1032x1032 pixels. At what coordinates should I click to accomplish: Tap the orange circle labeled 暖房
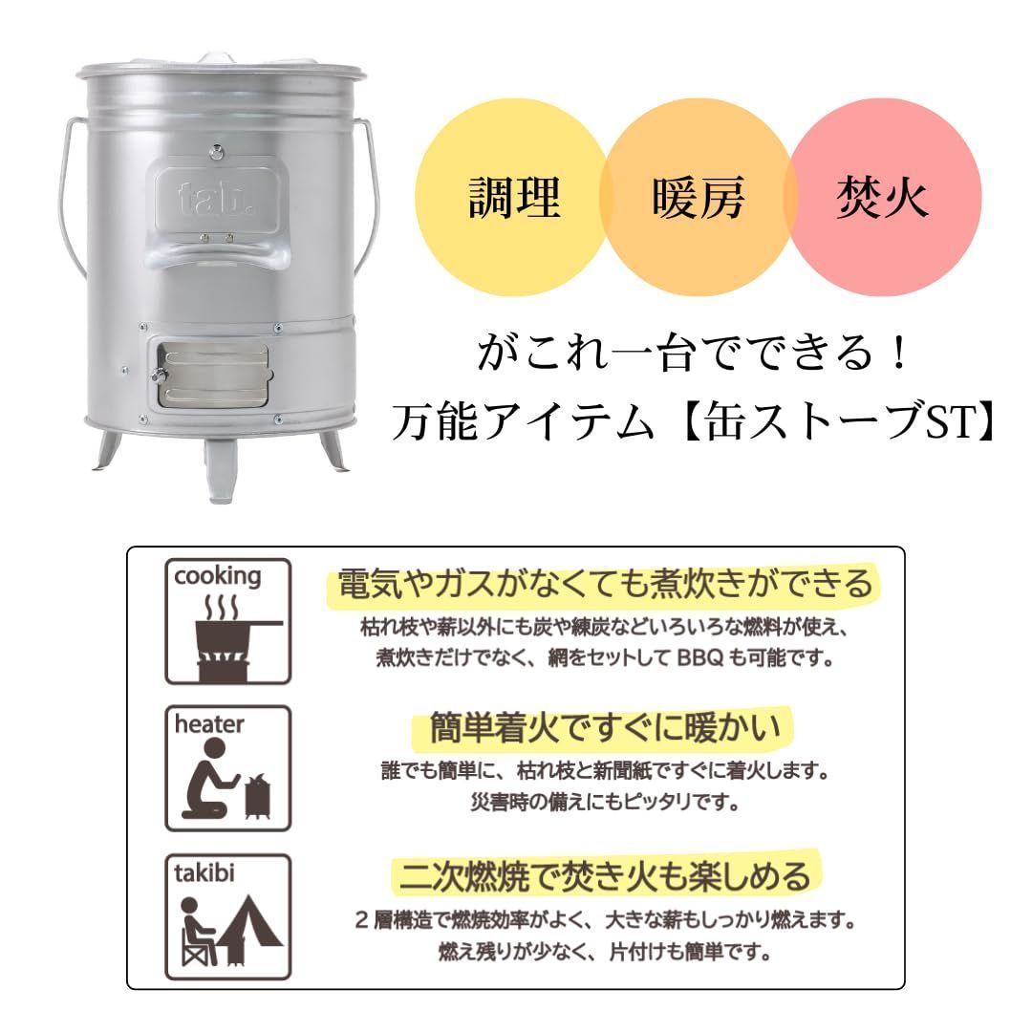click(x=698, y=197)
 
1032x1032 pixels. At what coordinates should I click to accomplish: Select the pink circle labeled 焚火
click(x=883, y=197)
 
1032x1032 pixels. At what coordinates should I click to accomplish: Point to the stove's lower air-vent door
click(x=212, y=374)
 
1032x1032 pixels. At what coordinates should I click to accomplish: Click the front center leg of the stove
click(x=223, y=468)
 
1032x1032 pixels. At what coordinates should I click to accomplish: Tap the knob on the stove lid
click(x=215, y=59)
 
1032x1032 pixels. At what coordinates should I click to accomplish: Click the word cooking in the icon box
click(x=217, y=576)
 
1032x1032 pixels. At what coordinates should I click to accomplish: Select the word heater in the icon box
click(x=208, y=724)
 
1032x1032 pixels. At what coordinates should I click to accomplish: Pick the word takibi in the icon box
click(x=204, y=872)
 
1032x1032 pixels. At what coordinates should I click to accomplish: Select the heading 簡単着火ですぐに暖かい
click(x=604, y=728)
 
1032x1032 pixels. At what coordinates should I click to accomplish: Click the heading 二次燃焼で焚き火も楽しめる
click(x=604, y=876)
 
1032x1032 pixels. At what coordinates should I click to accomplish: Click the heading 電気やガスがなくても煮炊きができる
click(x=604, y=583)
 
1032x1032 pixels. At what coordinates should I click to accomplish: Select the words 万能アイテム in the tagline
click(x=524, y=421)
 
